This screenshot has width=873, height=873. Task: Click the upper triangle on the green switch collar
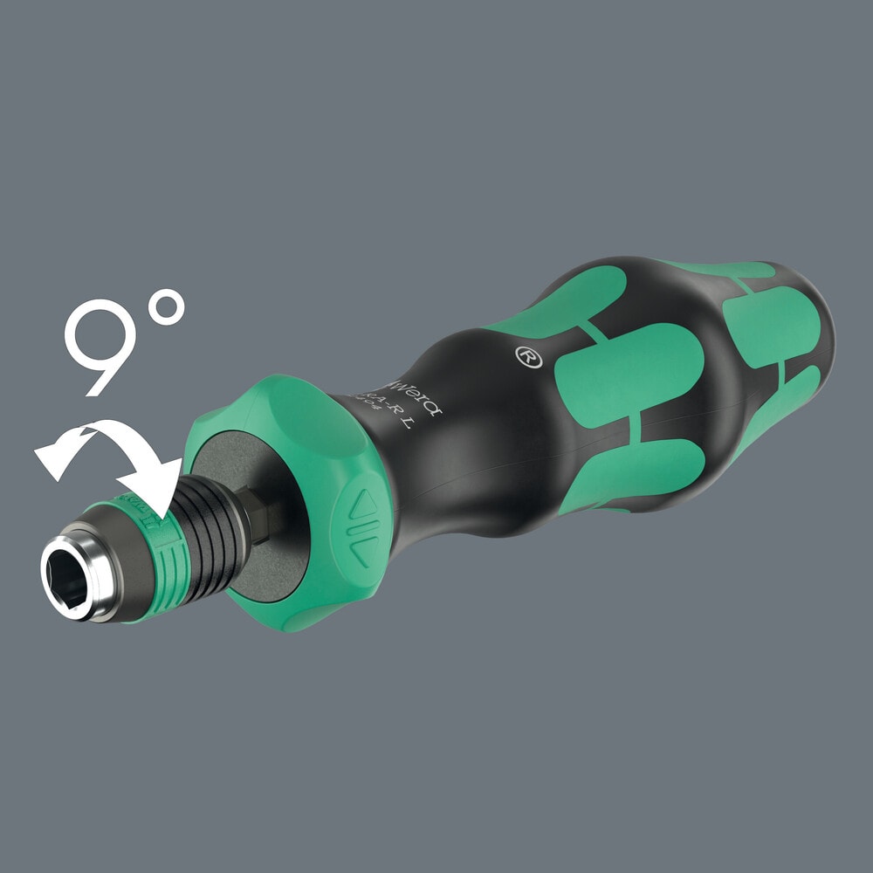click(x=362, y=501)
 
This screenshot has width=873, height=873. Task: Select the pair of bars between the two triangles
click(x=359, y=529)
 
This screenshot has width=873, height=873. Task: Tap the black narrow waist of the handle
click(x=463, y=436)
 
